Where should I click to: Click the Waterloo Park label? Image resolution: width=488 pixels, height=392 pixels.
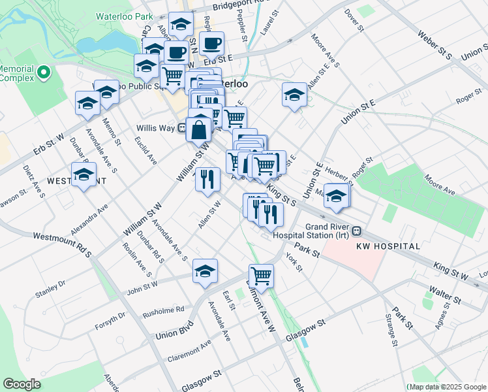(124, 16)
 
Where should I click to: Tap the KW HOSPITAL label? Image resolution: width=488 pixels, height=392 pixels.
(388, 246)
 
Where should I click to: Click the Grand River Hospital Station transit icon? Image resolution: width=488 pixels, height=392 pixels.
(357, 231)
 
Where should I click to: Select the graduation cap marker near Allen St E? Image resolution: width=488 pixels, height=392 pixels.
(294, 95)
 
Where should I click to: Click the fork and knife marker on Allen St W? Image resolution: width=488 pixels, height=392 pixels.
(207, 179)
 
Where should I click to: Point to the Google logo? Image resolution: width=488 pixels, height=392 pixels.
(22, 384)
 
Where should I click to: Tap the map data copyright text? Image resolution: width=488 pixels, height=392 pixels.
(447, 387)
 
